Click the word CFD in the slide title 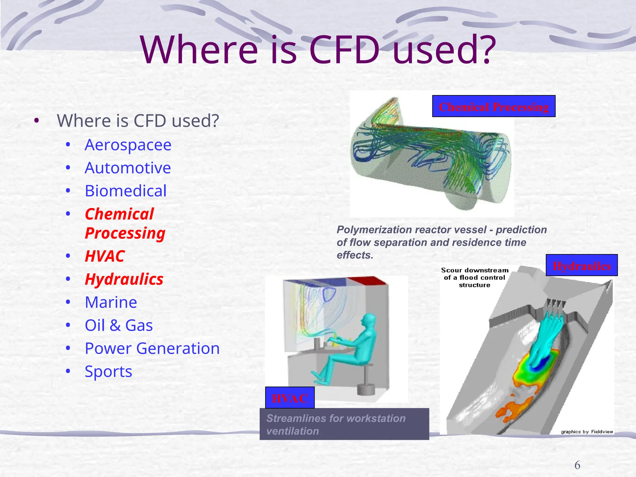[345, 50]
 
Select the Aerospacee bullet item [128, 145]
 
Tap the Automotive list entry [128, 168]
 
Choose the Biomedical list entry [125, 191]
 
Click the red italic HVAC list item [104, 256]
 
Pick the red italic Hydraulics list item [124, 279]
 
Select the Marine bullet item [111, 302]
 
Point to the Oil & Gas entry [119, 325]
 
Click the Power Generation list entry [152, 348]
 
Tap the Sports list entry [108, 371]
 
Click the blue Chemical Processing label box [493, 106]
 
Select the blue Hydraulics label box [581, 265]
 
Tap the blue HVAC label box [290, 398]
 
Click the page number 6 [577, 465]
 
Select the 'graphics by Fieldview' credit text [587, 432]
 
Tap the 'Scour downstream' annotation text [475, 270]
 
